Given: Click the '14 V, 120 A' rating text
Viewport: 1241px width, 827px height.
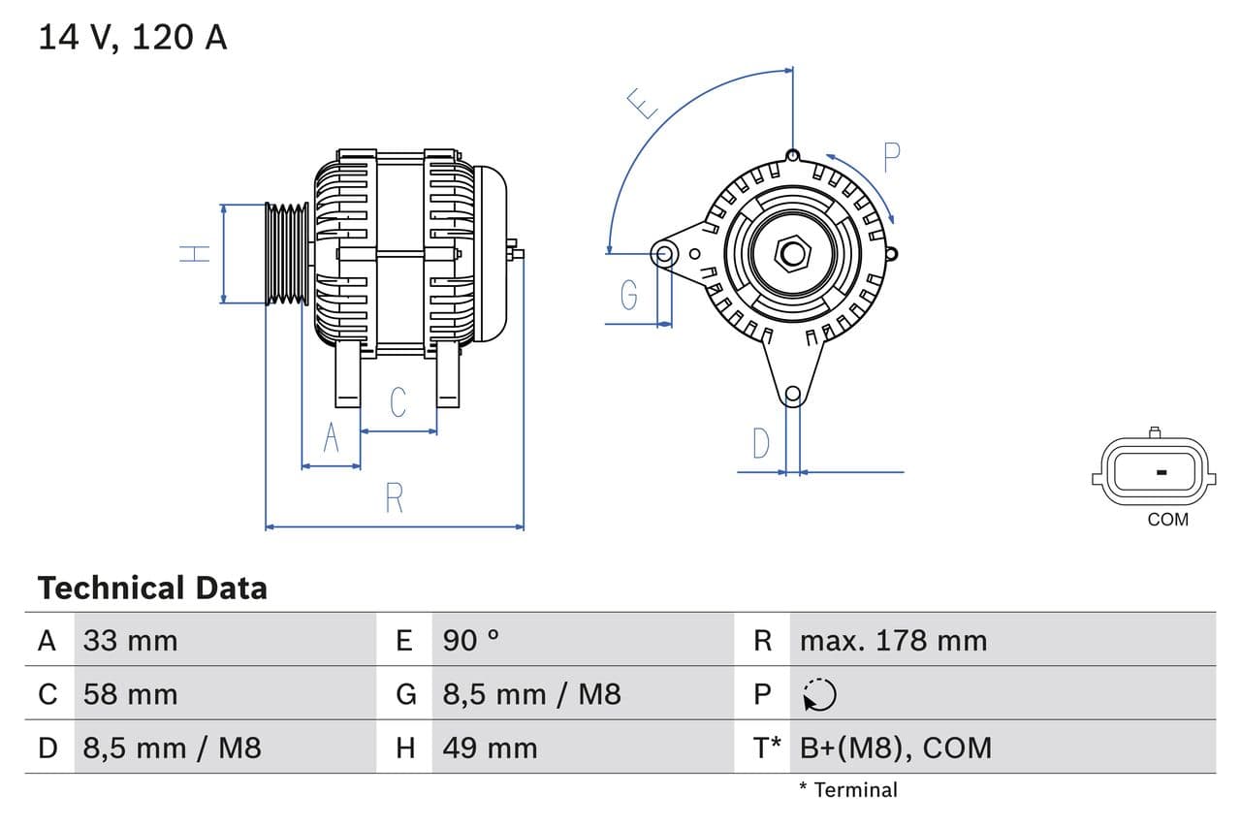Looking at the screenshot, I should pos(133,38).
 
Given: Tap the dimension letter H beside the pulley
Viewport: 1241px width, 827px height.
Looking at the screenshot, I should pos(195,254).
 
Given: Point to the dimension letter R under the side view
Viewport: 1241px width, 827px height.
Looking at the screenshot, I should pos(394,497).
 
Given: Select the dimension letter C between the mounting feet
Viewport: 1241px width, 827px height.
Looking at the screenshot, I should pos(398,401).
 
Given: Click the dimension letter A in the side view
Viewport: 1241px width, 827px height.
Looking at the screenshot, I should pos(331,438).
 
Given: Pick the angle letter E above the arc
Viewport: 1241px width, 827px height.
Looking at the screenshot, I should pos(642,103).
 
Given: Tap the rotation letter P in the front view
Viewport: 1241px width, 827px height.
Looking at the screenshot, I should pos(892,157).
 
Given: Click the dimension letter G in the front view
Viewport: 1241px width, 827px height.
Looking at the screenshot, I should pos(629,294).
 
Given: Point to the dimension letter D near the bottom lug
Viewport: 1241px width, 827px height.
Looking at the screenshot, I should pos(761,443).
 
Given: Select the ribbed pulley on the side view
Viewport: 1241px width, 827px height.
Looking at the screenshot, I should pos(287,254).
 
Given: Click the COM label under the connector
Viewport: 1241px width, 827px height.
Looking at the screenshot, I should pos(1167,520).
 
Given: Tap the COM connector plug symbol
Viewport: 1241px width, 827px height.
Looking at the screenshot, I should pos(1154,472).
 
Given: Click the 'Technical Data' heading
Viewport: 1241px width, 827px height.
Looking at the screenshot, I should pos(152,588).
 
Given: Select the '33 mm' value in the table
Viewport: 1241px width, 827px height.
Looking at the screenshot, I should pos(130,641).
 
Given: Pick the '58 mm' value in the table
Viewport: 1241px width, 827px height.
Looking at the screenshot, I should pos(130,694).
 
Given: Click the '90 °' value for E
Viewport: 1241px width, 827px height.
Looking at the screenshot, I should pos(471,641).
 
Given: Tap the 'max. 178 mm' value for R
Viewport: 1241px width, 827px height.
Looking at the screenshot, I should pos(893,641).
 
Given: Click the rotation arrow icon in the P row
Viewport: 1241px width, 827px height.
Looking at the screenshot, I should pos(819,694).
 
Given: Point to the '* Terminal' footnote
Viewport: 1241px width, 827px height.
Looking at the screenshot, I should pos(848,790).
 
